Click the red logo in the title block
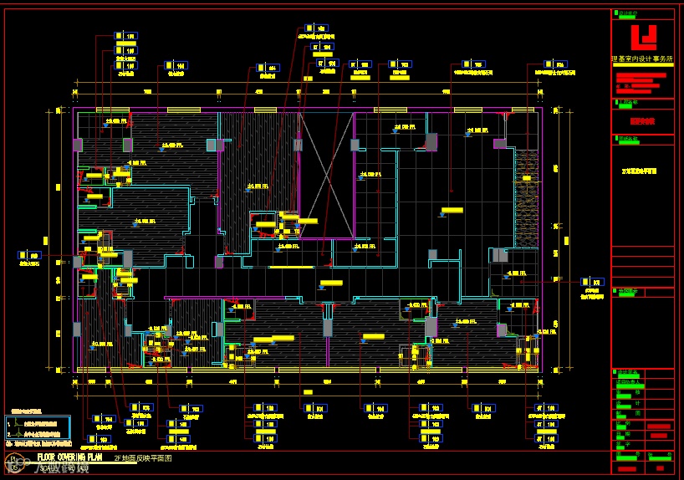(643, 37)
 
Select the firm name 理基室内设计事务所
(642, 59)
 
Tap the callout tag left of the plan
(29, 255)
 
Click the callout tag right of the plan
(593, 282)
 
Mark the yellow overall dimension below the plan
(308, 391)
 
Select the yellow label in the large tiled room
(452, 210)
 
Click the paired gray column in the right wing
(499, 255)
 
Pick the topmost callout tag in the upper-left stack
(125, 37)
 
